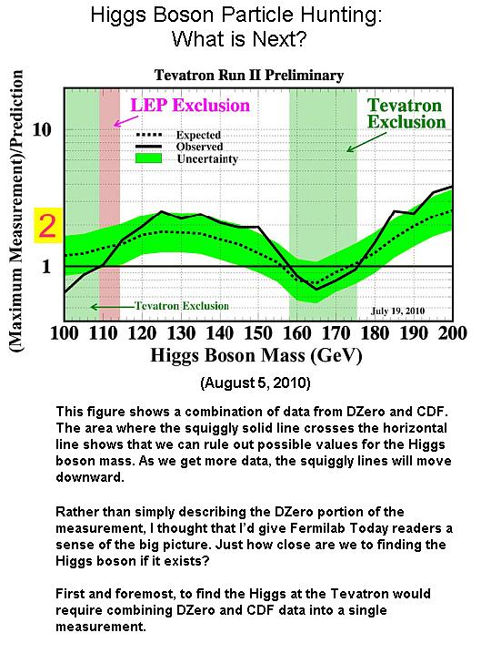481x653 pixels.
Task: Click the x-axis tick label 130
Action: (181, 333)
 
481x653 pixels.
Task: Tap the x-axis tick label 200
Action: (453, 333)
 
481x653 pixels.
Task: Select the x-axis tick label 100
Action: (64, 333)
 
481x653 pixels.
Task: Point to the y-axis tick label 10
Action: (42, 129)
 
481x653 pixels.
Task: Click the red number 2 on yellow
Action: (47, 225)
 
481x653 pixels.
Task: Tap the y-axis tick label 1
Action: (46, 267)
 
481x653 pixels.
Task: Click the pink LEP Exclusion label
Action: (190, 105)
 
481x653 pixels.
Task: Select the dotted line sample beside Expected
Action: (149, 135)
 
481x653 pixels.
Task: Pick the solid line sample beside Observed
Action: (149, 147)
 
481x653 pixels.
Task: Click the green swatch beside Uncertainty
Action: (149, 158)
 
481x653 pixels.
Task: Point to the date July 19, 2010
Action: (398, 311)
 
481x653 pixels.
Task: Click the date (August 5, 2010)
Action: (256, 383)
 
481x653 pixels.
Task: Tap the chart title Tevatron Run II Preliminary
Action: (249, 75)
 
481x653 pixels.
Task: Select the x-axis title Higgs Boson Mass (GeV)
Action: (256, 356)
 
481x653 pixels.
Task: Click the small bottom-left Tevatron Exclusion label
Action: (182, 306)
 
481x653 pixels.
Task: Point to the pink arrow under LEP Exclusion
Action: (126, 121)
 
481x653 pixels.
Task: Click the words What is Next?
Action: (239, 39)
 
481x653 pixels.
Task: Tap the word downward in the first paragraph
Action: (90, 477)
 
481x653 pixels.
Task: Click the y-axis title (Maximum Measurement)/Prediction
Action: (16, 211)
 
